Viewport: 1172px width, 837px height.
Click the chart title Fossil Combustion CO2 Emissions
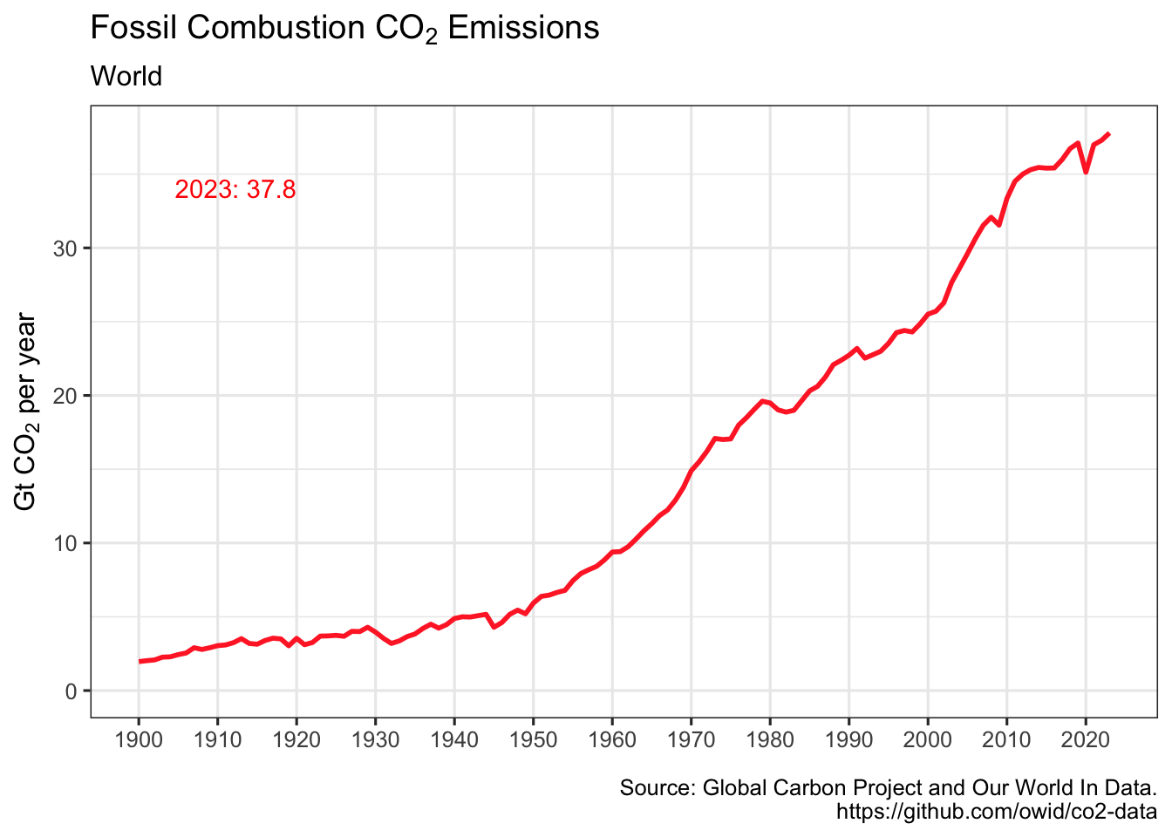coord(344,29)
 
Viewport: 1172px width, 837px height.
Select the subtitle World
coord(126,77)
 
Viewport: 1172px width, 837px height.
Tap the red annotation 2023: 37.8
coord(235,189)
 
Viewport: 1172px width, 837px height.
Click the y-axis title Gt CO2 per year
coord(26,412)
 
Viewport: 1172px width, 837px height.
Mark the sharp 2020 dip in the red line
coord(1086,172)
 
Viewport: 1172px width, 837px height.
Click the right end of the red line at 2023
coord(1108,133)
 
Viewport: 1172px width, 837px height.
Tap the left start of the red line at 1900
coord(140,662)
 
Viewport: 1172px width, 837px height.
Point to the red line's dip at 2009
coord(999,225)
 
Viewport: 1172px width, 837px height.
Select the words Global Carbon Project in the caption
coord(812,788)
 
